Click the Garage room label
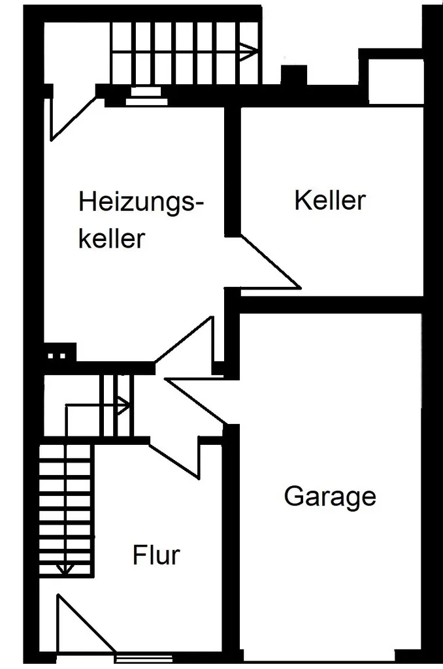tap(330, 497)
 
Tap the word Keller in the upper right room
tap(330, 200)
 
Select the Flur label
tap(156, 555)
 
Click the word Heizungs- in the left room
tap(141, 203)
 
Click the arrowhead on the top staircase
tap(249, 52)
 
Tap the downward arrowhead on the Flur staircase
tap(65, 568)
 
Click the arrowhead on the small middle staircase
tap(123, 405)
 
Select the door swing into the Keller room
tap(270, 261)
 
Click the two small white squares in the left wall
tap(56, 355)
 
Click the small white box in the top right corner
tap(395, 80)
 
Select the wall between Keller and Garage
tap(331, 304)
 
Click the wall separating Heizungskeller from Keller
tap(233, 171)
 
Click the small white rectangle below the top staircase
tap(146, 91)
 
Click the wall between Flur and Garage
tap(231, 542)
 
